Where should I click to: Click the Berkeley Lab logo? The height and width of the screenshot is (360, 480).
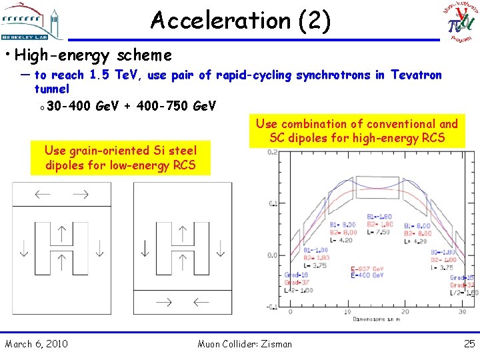tap(33, 21)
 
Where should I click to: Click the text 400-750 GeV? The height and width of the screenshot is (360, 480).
tap(177, 105)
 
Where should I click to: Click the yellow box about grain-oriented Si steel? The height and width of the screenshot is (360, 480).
tap(120, 158)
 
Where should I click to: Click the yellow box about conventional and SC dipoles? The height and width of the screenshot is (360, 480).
tap(357, 131)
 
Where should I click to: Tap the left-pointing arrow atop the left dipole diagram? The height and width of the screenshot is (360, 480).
tap(42, 195)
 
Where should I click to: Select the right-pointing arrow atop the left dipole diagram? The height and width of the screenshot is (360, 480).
tap(81, 195)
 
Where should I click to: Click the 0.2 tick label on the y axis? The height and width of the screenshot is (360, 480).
tap(272, 152)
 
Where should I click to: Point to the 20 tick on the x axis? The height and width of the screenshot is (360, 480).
tap(405, 312)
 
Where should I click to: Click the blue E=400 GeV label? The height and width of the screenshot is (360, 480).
tap(367, 275)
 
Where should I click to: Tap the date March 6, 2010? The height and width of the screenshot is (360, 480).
tap(36, 344)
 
